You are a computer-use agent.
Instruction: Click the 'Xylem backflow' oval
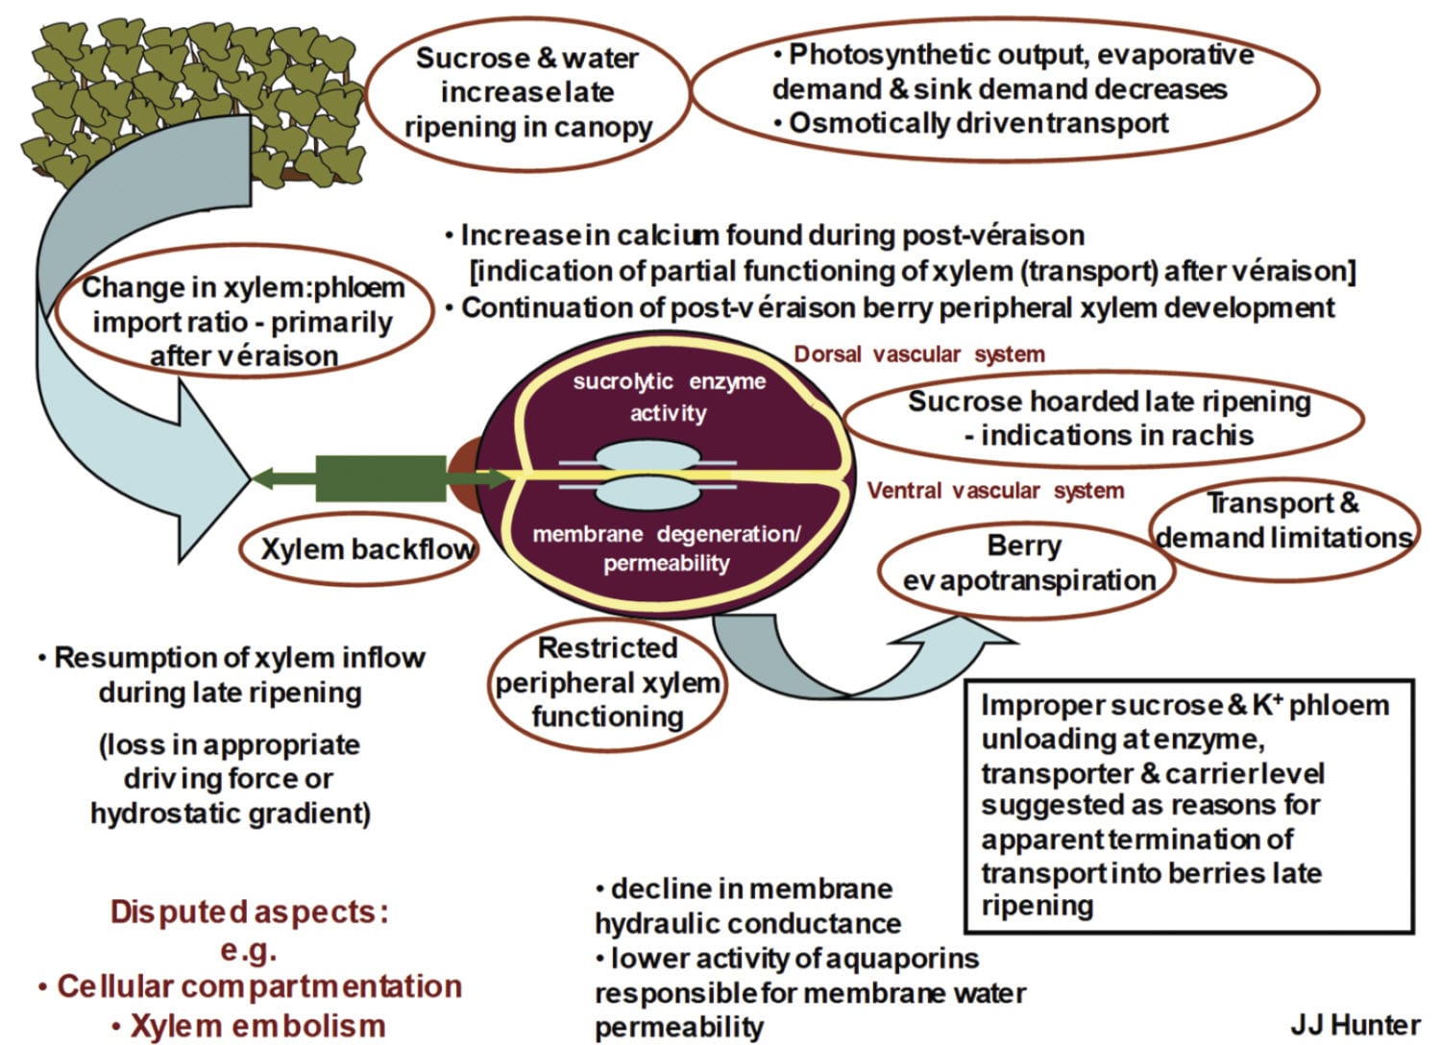point(368,549)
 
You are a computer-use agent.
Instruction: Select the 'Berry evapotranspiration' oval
point(1026,564)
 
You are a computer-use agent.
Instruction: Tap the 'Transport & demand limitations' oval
point(1283,522)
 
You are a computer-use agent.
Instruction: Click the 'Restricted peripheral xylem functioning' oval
point(607,683)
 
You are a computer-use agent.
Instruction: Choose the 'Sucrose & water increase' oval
point(527,92)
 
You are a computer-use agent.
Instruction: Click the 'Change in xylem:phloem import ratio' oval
point(243,322)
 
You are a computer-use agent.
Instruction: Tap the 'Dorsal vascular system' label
point(918,354)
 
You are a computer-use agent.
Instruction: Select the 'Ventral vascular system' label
point(995,491)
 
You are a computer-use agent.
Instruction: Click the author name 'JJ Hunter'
point(1355,1024)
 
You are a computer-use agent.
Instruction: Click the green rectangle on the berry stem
point(380,478)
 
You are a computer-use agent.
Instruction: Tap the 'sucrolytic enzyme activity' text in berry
point(669,397)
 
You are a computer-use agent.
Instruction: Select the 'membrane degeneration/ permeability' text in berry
point(666,548)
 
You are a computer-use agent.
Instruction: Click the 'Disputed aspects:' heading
point(249,911)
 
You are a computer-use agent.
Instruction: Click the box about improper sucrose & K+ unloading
point(1188,805)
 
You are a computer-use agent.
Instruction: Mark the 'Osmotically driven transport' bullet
point(977,123)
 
